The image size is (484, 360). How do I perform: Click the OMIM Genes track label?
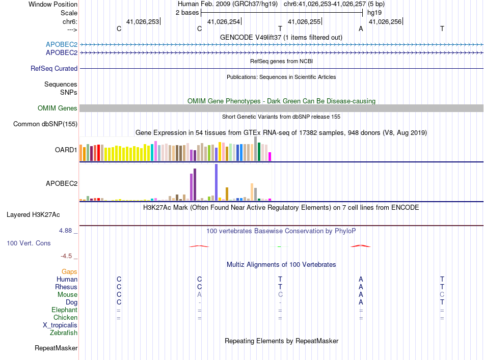tap(57, 108)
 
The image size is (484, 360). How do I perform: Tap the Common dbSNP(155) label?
tap(45, 124)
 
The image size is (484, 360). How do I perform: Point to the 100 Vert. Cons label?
tap(29, 243)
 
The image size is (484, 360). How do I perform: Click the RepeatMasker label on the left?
tap(56, 348)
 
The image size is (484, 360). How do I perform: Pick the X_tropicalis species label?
tap(60, 325)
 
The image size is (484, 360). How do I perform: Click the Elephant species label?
tap(64, 310)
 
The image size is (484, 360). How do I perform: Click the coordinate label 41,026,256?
tap(385, 21)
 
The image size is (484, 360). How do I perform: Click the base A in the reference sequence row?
tap(361, 29)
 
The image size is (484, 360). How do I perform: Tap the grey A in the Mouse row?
tap(200, 295)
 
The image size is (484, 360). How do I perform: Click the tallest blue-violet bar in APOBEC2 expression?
tap(217, 182)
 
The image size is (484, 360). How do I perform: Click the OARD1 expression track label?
tap(66, 150)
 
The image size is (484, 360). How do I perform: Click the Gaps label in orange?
tap(69, 272)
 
